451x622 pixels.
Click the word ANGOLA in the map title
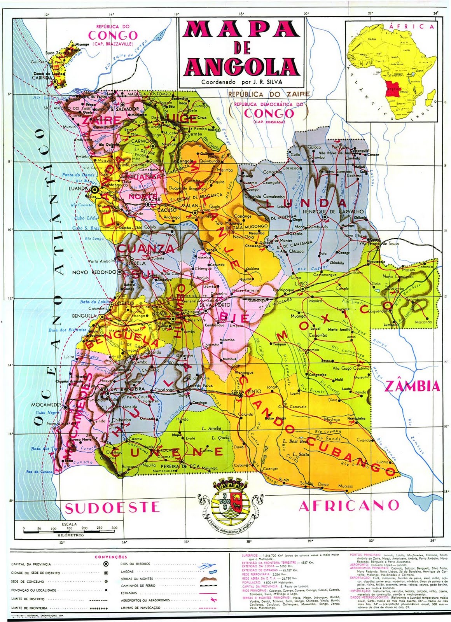pyautogui.click(x=242, y=66)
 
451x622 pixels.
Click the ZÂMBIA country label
pyautogui.click(x=413, y=386)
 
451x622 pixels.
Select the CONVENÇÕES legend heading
pyautogui.click(x=111, y=557)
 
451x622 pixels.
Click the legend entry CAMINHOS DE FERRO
pyautogui.click(x=138, y=585)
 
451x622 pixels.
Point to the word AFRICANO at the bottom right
pyautogui.click(x=349, y=505)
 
